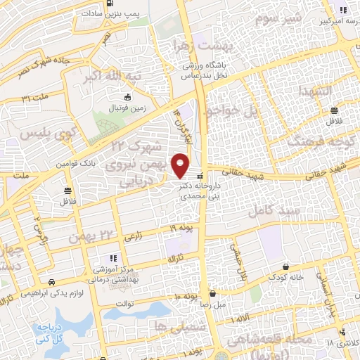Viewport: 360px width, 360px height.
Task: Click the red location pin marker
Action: (x=181, y=166)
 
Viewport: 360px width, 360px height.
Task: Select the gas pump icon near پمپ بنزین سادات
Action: (x=110, y=3)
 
